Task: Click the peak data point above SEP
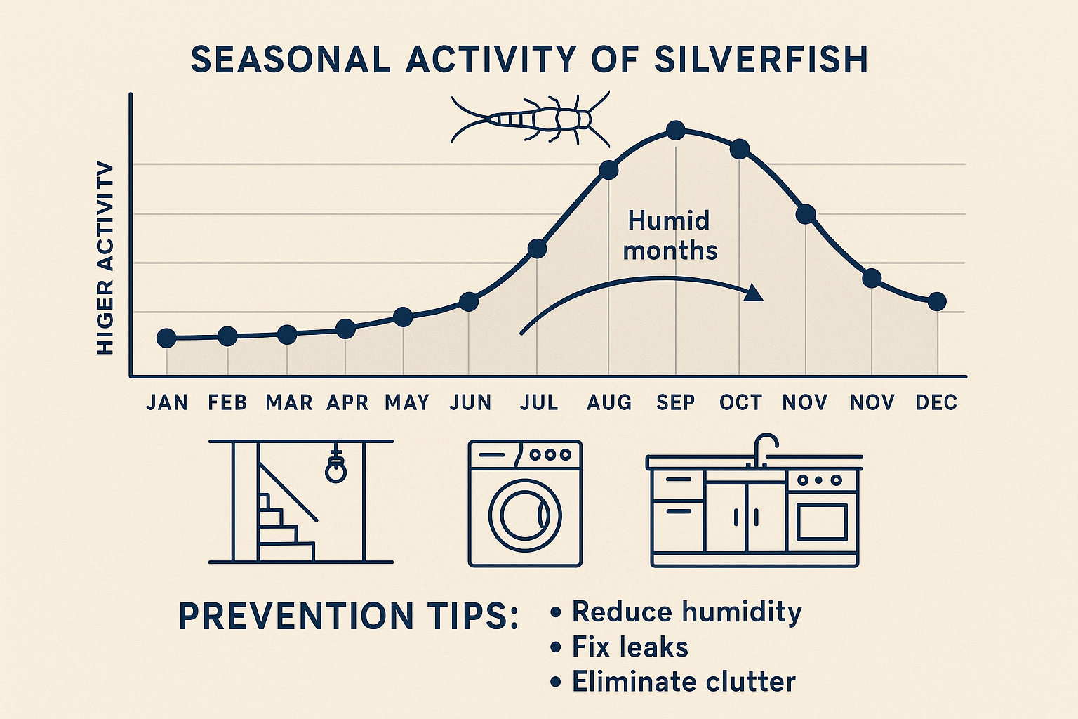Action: pos(675,130)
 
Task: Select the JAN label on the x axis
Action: pos(167,402)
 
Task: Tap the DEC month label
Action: pos(936,402)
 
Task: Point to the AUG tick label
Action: pos(609,402)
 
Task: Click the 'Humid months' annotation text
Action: pos(670,235)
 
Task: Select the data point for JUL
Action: pos(537,248)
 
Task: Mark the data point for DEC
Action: pos(937,302)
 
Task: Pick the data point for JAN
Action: pos(166,338)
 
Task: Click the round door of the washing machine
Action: pos(525,515)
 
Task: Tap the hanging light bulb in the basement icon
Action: pos(335,470)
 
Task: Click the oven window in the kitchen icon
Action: pos(822,520)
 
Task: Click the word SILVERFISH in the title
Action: pos(761,60)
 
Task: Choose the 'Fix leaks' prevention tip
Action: pos(630,647)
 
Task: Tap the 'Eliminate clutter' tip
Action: pos(683,682)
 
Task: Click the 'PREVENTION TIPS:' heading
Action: pos(349,616)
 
